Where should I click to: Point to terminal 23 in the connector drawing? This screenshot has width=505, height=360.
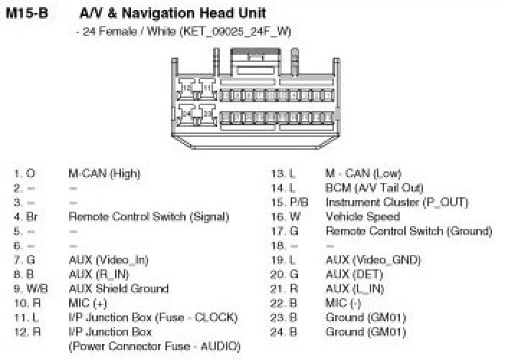207,114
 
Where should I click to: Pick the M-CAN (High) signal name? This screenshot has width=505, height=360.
104,174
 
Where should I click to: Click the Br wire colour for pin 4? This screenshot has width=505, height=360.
32,217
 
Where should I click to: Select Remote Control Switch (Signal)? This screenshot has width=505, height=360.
149,217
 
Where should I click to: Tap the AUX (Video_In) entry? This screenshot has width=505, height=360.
109,260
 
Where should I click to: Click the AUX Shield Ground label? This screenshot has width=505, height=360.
119,289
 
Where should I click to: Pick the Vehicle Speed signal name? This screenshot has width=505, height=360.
363,217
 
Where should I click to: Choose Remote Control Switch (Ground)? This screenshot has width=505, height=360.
409,231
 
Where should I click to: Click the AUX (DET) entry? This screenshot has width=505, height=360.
354,274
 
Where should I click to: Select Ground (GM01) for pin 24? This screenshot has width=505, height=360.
365,332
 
